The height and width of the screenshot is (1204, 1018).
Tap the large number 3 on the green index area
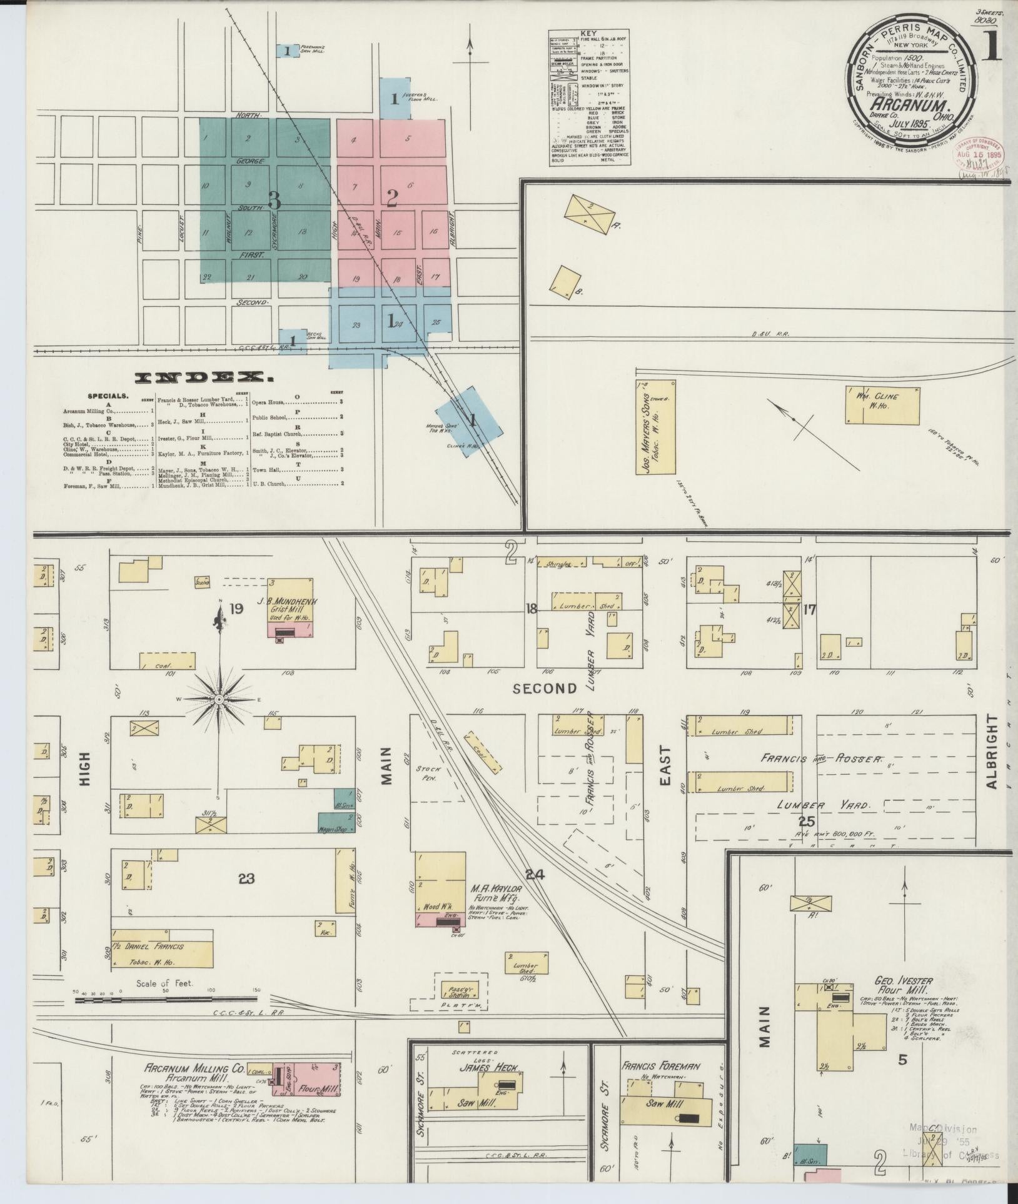[273, 200]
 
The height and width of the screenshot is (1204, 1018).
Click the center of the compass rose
[219, 699]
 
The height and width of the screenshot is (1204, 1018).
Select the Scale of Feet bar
[166, 1000]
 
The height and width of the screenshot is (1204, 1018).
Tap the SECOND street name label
[545, 688]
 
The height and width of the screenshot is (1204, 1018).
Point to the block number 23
[246, 879]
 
